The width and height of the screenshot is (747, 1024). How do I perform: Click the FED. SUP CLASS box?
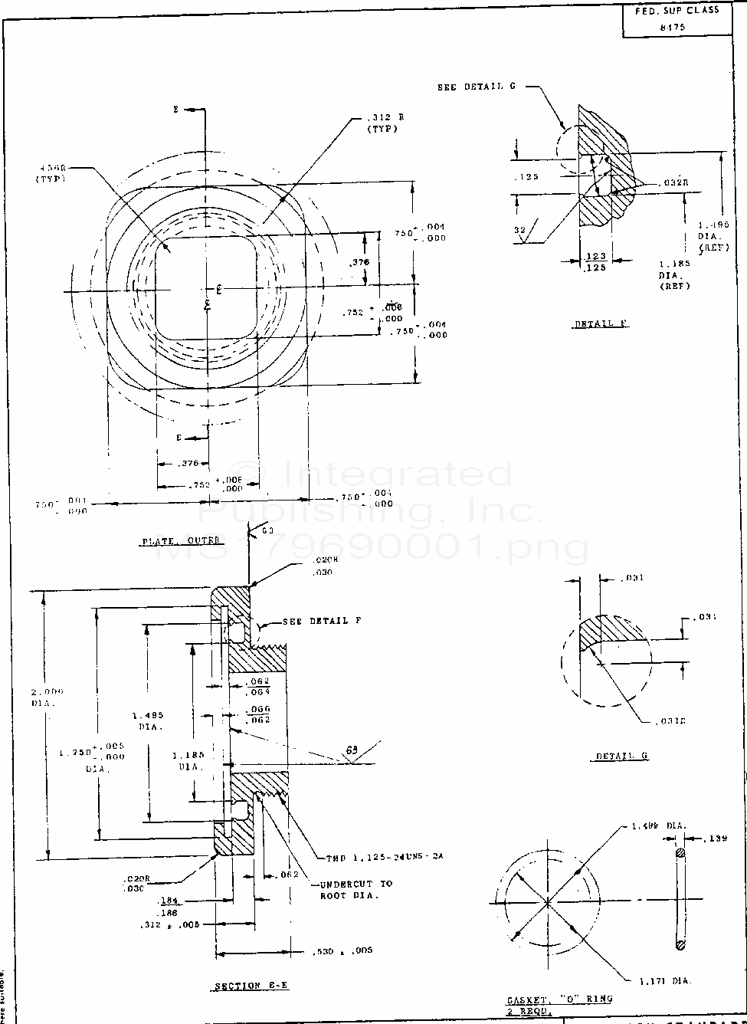tap(678, 18)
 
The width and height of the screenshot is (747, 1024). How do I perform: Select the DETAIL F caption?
tap(601, 323)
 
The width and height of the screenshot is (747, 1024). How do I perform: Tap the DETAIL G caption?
tap(622, 757)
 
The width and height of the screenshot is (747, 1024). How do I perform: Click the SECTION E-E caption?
tap(251, 986)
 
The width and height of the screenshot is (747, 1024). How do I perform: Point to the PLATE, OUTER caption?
tap(181, 541)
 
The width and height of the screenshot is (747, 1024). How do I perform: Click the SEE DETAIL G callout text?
tap(476, 87)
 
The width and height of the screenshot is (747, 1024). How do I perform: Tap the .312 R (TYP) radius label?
tap(381, 123)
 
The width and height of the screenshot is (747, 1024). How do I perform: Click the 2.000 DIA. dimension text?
tap(48, 696)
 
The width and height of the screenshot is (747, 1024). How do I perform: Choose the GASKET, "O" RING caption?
tap(559, 1000)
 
